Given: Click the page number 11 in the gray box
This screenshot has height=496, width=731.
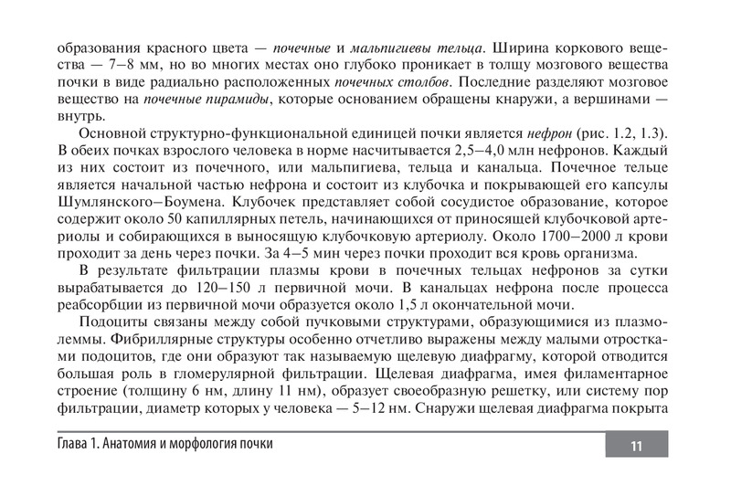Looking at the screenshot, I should pos(636,445).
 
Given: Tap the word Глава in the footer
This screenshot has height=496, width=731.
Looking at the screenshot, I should pos(75,443).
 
